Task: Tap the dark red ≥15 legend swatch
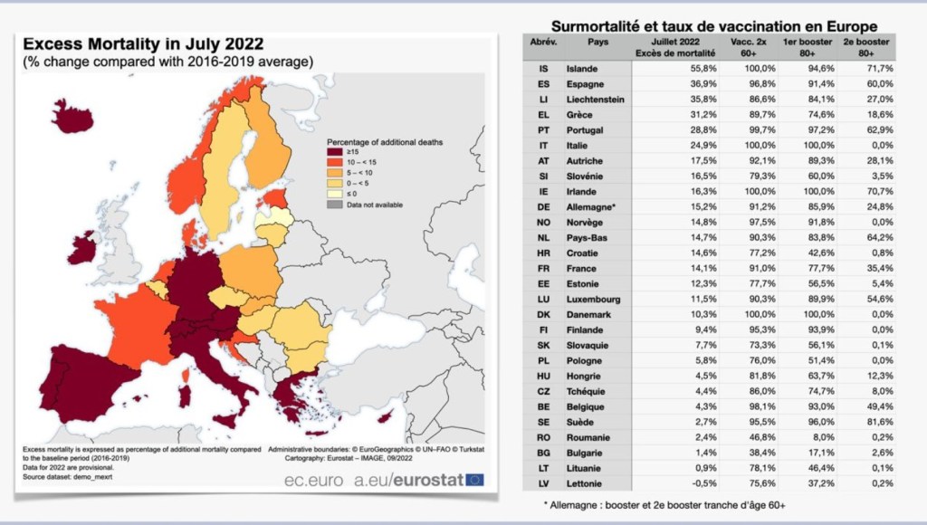tap(335, 151)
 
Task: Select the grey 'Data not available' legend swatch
tap(335, 205)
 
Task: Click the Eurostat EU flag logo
tap(474, 480)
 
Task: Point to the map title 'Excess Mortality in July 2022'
tap(143, 44)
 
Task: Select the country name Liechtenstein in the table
tap(595, 100)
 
